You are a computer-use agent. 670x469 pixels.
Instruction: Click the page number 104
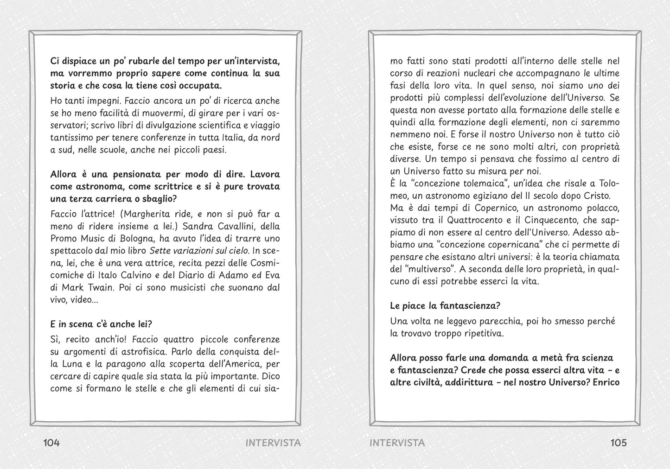pos(51,443)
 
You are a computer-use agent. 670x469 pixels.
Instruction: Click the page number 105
pos(618,443)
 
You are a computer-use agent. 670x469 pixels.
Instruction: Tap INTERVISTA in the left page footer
pos(273,443)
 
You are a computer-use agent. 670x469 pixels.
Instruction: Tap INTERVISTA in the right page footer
pos(397,443)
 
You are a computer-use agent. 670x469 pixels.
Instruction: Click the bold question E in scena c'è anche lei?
pos(101,324)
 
